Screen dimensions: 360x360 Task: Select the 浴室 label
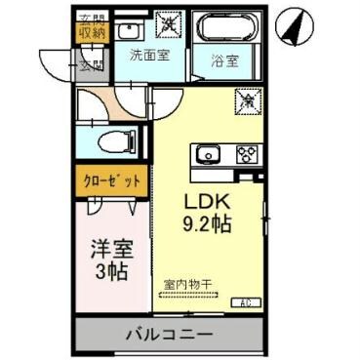click(x=224, y=60)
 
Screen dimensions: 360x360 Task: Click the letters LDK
click(x=208, y=202)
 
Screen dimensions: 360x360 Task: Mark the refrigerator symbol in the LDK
click(x=248, y=100)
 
